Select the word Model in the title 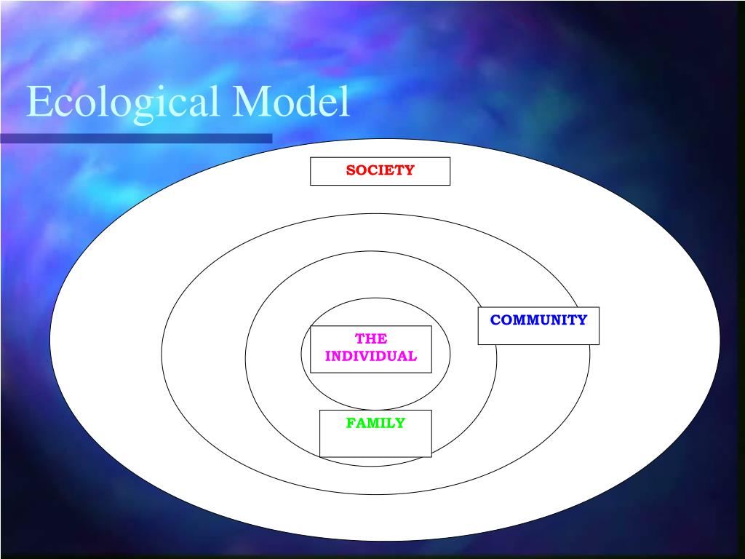tap(291, 103)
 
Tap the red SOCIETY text tap(380, 170)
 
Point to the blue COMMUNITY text tap(538, 320)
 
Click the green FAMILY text tap(375, 423)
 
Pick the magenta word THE tap(371, 338)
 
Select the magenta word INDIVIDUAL tap(371, 356)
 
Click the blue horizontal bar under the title tap(136, 138)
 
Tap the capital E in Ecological tap(38, 103)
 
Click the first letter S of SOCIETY tap(350, 170)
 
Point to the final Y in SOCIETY tap(410, 170)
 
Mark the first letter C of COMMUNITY tap(495, 320)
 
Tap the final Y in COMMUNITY tap(582, 320)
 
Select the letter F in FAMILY tap(350, 423)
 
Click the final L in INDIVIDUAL tap(413, 356)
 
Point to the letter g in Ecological tap(133, 106)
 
